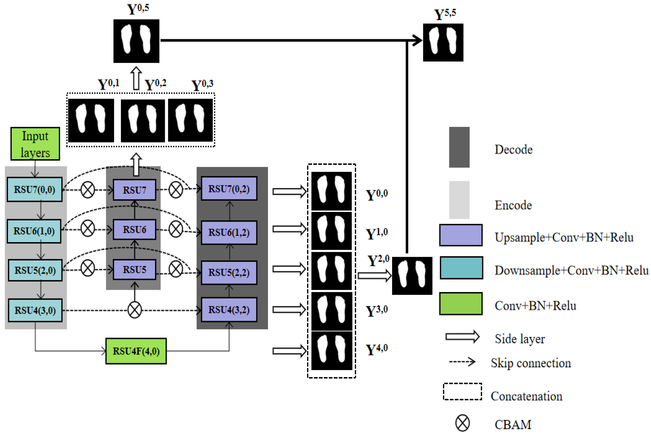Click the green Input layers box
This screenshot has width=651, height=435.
(x=35, y=144)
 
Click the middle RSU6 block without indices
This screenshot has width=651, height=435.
(x=134, y=230)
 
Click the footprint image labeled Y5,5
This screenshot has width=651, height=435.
(x=443, y=42)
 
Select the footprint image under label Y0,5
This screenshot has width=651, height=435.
(x=136, y=41)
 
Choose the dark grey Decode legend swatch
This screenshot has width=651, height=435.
(x=459, y=147)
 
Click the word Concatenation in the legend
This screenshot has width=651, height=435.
(x=526, y=396)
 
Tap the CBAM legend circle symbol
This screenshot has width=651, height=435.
(x=462, y=423)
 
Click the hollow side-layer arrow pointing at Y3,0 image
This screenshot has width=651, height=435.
(x=289, y=310)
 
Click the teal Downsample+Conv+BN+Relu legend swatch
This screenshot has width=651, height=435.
(x=461, y=268)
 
